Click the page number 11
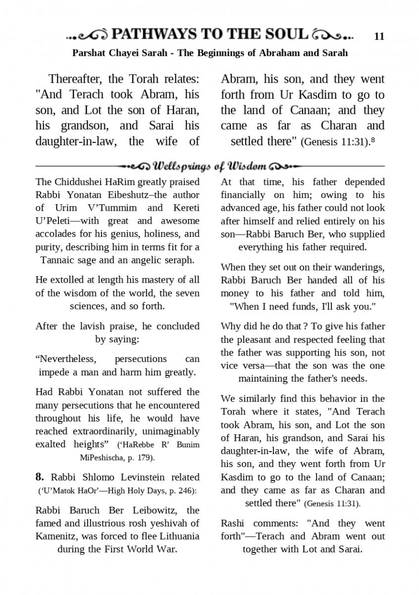tap(379, 37)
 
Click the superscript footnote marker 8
tap(372, 140)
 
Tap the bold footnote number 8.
tap(40, 477)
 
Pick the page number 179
tap(144, 457)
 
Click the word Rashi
tap(233, 523)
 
